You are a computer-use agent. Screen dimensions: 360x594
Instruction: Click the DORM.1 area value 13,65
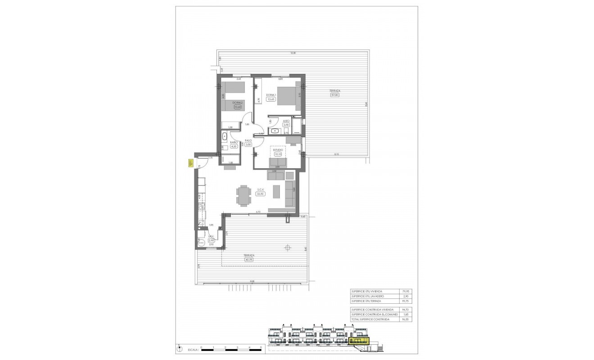pos(270,99)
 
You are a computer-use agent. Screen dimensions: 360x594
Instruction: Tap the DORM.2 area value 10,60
pos(238,107)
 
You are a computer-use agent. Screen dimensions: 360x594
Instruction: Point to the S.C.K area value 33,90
pos(260,194)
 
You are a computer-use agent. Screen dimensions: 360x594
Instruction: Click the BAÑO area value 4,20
pos(233,146)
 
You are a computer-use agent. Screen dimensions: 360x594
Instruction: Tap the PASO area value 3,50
pos(248,144)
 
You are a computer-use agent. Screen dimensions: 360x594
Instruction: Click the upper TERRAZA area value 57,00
pos(335,95)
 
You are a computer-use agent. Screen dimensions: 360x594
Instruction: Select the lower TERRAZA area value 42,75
pos(249,259)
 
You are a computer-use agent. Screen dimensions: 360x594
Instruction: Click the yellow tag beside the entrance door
pos(190,164)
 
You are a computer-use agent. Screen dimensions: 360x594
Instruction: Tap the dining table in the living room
pos(243,196)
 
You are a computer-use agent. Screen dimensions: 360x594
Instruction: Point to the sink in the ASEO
pos(274,131)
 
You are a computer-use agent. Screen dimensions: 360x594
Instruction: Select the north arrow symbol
pos(179,347)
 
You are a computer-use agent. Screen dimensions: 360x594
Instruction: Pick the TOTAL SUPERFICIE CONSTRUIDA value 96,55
pos(408,319)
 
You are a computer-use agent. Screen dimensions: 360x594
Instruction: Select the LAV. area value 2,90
pos(211,241)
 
